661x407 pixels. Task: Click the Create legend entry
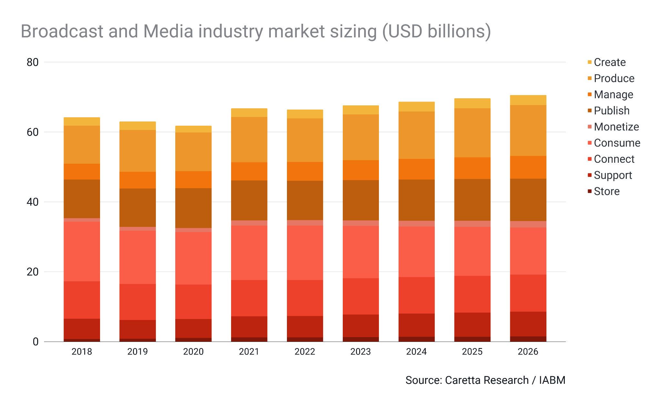(x=609, y=62)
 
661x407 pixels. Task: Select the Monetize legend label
(x=616, y=127)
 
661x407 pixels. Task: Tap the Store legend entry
(x=606, y=191)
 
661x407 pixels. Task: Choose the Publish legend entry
(x=611, y=111)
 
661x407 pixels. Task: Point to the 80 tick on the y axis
(x=33, y=62)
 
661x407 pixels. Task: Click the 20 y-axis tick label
(x=33, y=272)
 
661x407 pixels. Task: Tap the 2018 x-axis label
(x=82, y=352)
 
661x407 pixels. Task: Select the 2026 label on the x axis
(x=528, y=352)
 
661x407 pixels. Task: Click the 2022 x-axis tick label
(x=305, y=352)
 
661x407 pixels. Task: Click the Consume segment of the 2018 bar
(x=82, y=251)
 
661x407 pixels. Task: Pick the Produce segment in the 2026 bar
(x=528, y=131)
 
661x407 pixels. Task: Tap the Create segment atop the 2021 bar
(x=249, y=112)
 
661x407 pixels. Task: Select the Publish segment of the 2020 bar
(x=193, y=208)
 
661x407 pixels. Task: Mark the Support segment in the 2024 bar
(x=416, y=325)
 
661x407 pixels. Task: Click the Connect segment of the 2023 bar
(x=361, y=296)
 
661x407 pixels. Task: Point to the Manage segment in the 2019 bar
(x=137, y=180)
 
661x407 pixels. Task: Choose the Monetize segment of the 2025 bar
(x=472, y=224)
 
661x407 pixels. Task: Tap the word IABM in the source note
(x=552, y=380)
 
